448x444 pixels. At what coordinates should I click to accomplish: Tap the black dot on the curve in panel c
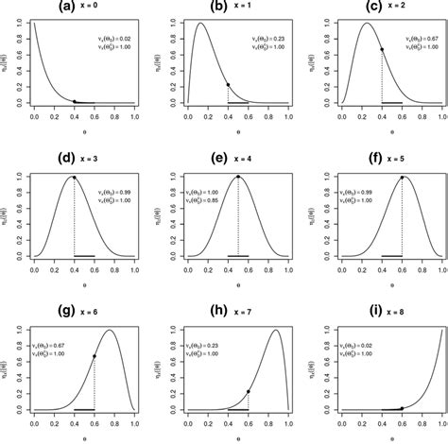click(x=382, y=49)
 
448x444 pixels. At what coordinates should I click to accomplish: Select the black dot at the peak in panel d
click(x=74, y=177)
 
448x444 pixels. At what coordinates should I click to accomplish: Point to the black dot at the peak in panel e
click(x=237, y=177)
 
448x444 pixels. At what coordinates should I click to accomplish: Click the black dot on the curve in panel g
click(x=95, y=356)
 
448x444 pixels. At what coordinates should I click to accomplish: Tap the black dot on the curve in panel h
click(x=249, y=391)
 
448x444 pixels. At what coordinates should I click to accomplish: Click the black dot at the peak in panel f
click(x=402, y=177)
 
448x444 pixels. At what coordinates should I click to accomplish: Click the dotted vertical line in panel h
click(x=249, y=401)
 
